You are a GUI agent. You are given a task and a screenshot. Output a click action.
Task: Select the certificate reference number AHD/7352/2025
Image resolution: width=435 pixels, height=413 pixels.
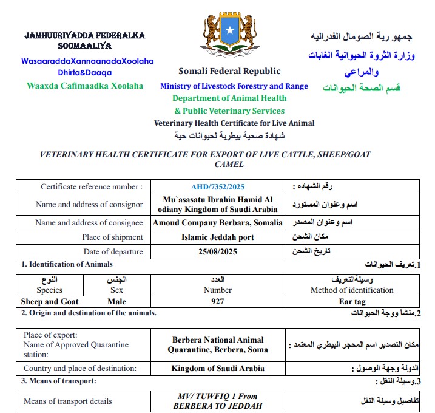(x=218, y=186)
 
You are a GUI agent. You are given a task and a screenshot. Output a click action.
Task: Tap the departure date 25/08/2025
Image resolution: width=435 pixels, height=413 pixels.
(x=218, y=251)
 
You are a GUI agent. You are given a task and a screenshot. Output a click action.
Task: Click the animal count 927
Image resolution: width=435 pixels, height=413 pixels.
(x=218, y=301)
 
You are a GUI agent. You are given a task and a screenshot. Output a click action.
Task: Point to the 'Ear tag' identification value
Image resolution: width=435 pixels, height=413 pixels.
(x=352, y=301)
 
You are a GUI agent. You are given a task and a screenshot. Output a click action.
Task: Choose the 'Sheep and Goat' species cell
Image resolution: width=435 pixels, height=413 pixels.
(x=50, y=301)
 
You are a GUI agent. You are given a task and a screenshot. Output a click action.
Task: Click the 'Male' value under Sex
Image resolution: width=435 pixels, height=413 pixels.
(x=121, y=301)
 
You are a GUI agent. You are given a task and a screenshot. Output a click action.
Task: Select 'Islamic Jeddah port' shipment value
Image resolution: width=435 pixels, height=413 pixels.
(x=218, y=237)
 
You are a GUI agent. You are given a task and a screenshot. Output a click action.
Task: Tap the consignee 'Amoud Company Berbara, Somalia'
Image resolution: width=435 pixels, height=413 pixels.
(x=218, y=222)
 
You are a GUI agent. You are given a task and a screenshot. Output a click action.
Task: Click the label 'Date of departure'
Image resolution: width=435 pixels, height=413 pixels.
(x=113, y=251)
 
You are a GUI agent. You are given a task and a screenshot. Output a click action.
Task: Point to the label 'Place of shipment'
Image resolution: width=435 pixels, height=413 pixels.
(x=113, y=237)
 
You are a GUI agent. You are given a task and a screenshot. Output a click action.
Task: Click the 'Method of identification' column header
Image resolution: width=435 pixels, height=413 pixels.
(x=352, y=290)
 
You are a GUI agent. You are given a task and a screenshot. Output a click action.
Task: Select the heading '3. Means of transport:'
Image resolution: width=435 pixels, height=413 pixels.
(x=58, y=381)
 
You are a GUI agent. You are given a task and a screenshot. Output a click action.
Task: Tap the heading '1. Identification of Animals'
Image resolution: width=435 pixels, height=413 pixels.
(x=67, y=264)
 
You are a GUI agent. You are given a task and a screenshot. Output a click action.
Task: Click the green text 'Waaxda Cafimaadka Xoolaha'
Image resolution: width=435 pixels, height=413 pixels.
(x=85, y=86)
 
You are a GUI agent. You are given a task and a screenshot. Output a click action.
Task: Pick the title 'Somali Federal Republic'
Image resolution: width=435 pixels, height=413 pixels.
(x=229, y=71)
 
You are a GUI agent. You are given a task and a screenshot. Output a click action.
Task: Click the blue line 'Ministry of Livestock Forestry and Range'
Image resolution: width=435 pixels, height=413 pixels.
(x=234, y=86)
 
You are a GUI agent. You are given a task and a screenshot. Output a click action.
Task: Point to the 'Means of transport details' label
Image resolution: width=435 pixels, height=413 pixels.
(x=68, y=401)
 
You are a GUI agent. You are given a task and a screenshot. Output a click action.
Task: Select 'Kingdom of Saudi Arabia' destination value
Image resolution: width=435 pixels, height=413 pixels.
(x=218, y=369)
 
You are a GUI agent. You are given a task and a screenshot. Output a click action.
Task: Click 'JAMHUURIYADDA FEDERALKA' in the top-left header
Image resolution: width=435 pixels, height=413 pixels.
(x=85, y=35)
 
